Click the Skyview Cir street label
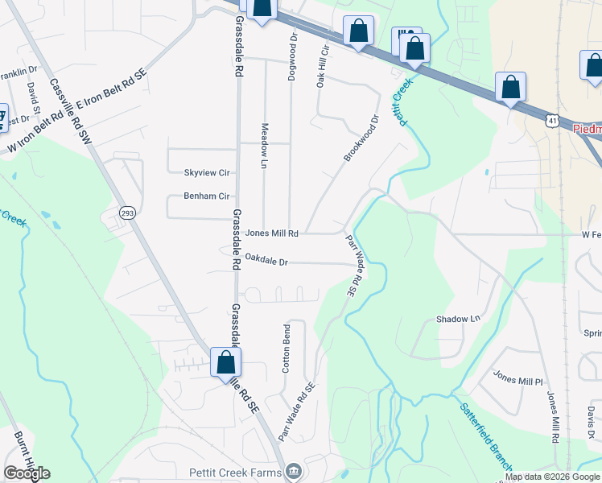point(207,173)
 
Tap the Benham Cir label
point(207,196)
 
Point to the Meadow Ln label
point(263,146)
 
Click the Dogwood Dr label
point(294,49)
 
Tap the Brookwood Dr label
point(361,138)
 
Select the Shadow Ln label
point(457,319)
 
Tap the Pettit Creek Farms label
point(235,473)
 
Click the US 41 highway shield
point(551,121)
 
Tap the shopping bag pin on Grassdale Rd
point(226,362)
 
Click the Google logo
point(27,473)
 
